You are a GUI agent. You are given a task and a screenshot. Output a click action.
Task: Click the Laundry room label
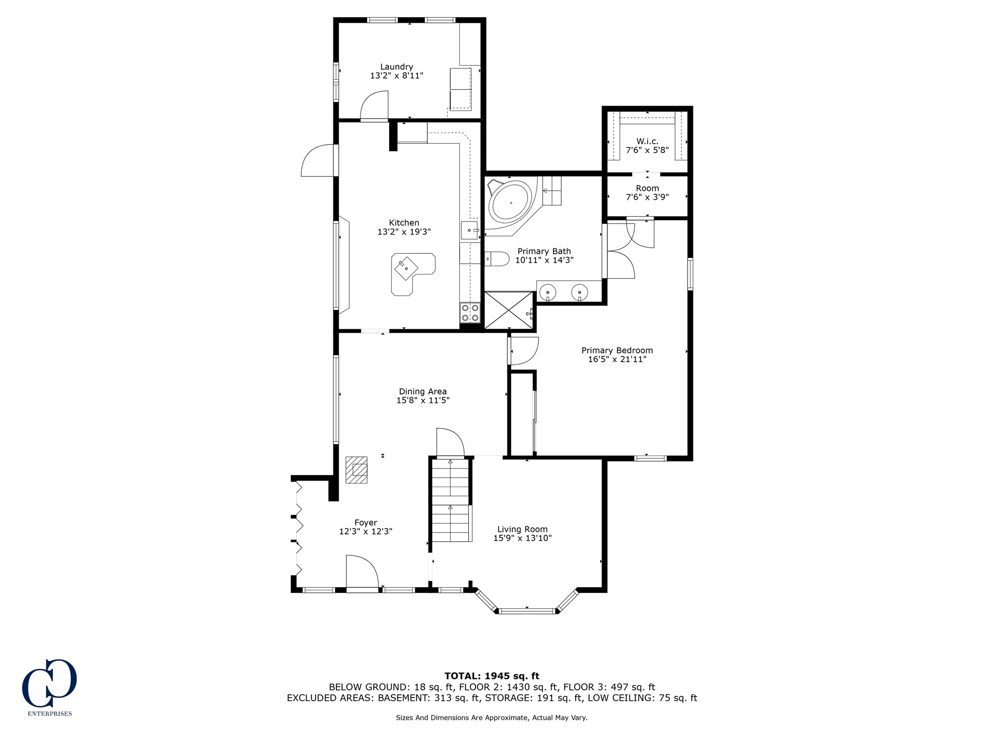(396, 67)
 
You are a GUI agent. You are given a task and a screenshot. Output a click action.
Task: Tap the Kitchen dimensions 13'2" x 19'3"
(404, 232)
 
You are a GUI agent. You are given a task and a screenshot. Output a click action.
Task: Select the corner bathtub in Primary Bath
(510, 205)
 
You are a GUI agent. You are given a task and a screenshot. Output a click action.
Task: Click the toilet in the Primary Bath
(496, 259)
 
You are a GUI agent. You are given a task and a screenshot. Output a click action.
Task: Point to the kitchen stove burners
(470, 312)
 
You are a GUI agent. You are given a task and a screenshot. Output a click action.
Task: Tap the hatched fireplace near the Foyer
(356, 470)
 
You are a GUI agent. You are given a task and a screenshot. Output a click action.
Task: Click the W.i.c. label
(647, 141)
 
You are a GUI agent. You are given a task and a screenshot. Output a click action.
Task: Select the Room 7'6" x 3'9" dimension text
(647, 197)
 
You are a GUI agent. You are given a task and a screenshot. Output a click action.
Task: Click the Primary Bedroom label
(617, 350)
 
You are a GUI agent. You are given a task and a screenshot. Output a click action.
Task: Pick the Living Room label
(522, 529)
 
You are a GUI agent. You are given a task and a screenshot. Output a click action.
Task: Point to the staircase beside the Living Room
(450, 500)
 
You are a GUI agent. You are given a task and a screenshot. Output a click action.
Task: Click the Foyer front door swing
(362, 571)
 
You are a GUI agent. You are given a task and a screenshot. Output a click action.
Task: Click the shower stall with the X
(509, 311)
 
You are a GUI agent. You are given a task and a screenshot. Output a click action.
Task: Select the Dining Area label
(423, 392)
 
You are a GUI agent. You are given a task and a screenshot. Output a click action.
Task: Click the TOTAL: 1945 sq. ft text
(492, 676)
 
